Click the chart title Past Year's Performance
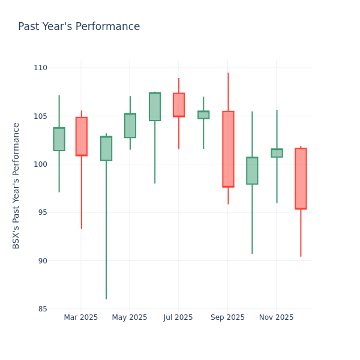click(x=79, y=27)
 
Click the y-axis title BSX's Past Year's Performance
click(x=16, y=185)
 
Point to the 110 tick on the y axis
click(x=41, y=68)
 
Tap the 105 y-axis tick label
click(x=41, y=116)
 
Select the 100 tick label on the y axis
click(x=41, y=164)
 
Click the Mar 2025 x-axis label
click(x=81, y=317)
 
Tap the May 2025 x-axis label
click(x=130, y=317)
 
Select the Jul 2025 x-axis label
click(x=178, y=317)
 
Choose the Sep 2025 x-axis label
click(x=227, y=317)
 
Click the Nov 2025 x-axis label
click(x=277, y=317)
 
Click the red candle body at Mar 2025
click(x=82, y=136)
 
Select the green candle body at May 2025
click(x=130, y=125)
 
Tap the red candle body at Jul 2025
click(x=179, y=104)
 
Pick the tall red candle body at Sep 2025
click(x=228, y=149)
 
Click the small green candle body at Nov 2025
click(x=277, y=153)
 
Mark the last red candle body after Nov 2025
click(x=301, y=178)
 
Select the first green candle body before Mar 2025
click(x=59, y=139)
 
